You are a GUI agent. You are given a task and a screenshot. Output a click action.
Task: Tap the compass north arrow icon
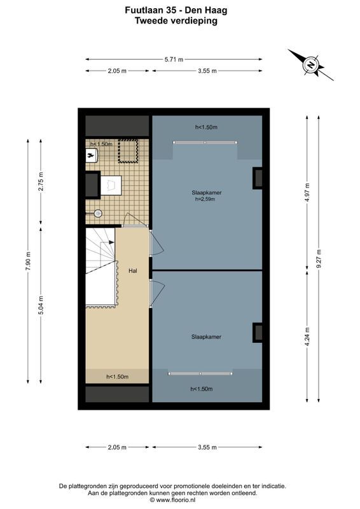click(x=310, y=64)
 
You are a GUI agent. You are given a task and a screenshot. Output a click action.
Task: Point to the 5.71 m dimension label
click(x=174, y=59)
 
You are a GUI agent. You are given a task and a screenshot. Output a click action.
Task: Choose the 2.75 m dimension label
click(x=41, y=181)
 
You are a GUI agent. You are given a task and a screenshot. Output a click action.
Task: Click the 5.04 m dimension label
click(x=41, y=305)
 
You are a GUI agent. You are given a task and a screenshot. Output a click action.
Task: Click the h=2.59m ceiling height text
click(x=205, y=199)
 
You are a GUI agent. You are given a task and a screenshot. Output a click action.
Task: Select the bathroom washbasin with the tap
click(x=90, y=154)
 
